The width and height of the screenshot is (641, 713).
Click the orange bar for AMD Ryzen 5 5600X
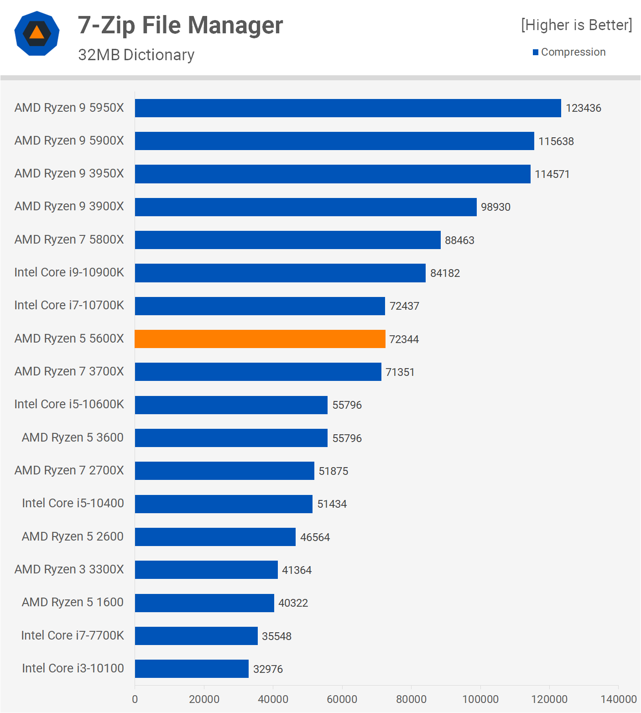[x=260, y=339]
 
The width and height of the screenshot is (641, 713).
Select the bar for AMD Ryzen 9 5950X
[x=348, y=108]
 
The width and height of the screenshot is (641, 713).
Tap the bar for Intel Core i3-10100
[x=192, y=669]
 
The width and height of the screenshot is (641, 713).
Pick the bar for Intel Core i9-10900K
[x=280, y=273]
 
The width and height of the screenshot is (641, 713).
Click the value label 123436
[x=583, y=108]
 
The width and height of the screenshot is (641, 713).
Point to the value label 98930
[x=495, y=207]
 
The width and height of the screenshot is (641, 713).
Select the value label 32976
[x=268, y=669]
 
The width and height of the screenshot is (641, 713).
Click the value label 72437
[x=404, y=306]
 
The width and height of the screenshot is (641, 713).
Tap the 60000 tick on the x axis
[x=342, y=699]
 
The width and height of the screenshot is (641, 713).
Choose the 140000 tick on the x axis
[x=618, y=699]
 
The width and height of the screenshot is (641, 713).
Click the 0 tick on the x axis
[x=135, y=699]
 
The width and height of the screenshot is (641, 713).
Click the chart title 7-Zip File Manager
[x=180, y=25]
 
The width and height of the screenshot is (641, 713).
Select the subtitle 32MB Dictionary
[x=136, y=55]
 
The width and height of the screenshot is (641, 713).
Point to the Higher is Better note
[x=576, y=25]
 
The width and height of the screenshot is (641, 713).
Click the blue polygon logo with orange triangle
[x=37, y=33]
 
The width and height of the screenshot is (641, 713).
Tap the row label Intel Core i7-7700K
[x=73, y=635]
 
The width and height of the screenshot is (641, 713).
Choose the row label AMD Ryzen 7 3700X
[x=69, y=371]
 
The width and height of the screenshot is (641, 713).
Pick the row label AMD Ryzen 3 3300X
[x=69, y=569]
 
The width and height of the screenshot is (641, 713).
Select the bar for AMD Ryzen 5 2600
[x=215, y=537]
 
